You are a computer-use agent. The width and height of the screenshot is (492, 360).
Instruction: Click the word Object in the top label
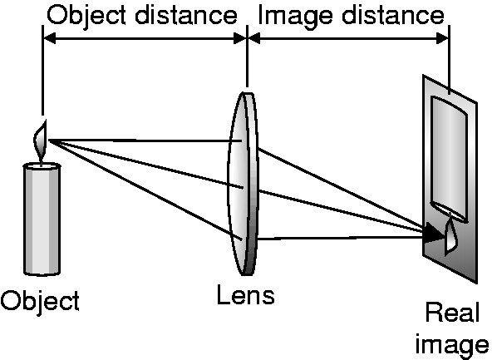pyautogui.click(x=86, y=16)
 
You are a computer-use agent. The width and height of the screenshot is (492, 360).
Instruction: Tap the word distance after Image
pyautogui.click(x=393, y=15)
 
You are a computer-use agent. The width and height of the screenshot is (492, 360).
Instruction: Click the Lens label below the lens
pyautogui.click(x=246, y=294)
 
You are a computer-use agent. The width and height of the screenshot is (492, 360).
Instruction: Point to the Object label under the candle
pyautogui.click(x=40, y=301)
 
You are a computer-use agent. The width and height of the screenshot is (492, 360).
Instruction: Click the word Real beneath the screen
pyautogui.click(x=452, y=312)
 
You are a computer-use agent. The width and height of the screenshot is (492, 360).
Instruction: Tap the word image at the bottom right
pyautogui.click(x=452, y=345)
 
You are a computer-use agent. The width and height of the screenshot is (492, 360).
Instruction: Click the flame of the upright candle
pyautogui.click(x=41, y=141)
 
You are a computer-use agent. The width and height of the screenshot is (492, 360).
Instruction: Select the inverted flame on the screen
pyautogui.click(x=451, y=234)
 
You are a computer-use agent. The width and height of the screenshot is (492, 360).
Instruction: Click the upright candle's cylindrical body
pyautogui.click(x=42, y=219)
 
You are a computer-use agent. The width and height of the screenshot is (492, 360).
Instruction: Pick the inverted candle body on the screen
pyautogui.click(x=449, y=159)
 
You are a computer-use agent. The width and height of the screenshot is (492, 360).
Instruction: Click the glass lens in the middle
pyautogui.click(x=243, y=184)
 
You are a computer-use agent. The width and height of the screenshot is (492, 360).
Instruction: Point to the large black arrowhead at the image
pyautogui.click(x=435, y=233)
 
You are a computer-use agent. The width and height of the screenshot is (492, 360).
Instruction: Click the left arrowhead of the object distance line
pyautogui.click(x=49, y=38)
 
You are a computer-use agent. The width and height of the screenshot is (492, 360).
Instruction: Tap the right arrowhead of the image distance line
pyautogui.click(x=443, y=38)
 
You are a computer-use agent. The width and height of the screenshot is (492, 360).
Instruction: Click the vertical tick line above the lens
pyautogui.click(x=248, y=57)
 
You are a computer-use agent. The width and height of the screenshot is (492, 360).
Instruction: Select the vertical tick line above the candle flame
pyautogui.click(x=42, y=70)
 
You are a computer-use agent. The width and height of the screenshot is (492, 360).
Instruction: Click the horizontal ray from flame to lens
pyautogui.click(x=145, y=141)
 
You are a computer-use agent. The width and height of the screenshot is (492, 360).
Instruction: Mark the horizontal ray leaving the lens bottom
pyautogui.click(x=341, y=238)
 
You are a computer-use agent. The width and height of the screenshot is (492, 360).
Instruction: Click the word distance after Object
pyautogui.click(x=186, y=15)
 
